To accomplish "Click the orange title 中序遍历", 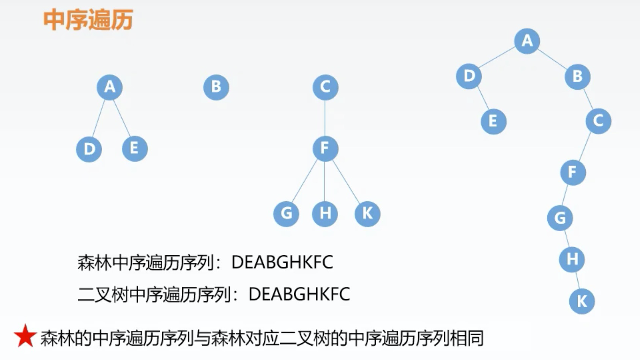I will click(x=88, y=20).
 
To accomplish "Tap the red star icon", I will click(x=25, y=336).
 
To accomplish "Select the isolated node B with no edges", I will click(x=216, y=87).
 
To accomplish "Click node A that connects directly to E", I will click(x=110, y=87).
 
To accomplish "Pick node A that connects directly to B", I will click(x=527, y=41).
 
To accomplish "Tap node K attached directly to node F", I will click(x=367, y=214).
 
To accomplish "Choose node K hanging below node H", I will click(x=582, y=301).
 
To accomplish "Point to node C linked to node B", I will click(x=598, y=121).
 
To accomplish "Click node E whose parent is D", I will click(x=493, y=121).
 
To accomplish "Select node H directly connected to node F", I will click(x=325, y=214).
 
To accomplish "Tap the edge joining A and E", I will click(x=122, y=118).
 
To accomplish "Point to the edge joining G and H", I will click(x=566, y=239).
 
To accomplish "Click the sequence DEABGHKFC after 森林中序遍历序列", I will click(x=282, y=262).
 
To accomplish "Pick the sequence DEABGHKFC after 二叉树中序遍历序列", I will click(x=299, y=294).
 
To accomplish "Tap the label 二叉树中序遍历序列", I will click(x=154, y=294).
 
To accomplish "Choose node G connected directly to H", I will click(x=560, y=218).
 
